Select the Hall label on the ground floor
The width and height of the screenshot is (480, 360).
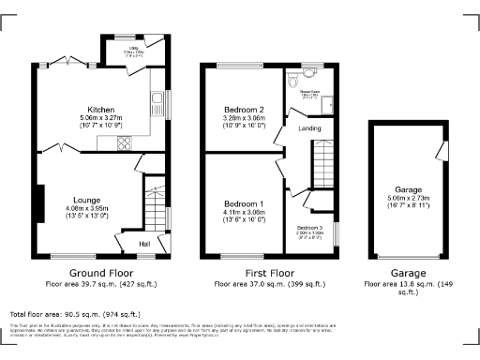(x=145, y=245)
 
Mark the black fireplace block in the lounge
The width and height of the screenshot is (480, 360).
(x=39, y=203)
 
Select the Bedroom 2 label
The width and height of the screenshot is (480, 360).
(x=243, y=111)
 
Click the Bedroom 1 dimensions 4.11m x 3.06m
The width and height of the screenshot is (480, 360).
(x=243, y=215)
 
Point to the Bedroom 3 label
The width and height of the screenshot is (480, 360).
(x=310, y=228)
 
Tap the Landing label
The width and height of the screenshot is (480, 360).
(x=309, y=127)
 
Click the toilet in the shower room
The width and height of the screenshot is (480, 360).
(x=309, y=75)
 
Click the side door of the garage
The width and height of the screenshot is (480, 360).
(x=438, y=151)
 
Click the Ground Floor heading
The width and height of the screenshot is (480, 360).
(x=101, y=271)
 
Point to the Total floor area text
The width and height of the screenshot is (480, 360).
(x=75, y=315)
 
